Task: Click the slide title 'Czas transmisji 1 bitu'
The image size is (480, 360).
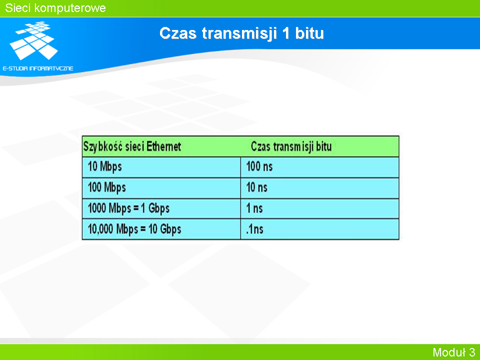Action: coord(241,33)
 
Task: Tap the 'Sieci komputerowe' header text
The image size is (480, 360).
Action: coord(55,8)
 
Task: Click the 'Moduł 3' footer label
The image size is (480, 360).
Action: coord(453,352)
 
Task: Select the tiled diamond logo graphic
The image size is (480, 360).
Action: coord(34,40)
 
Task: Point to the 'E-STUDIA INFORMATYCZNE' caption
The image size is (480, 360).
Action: coord(38,68)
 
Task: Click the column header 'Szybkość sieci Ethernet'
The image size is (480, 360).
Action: coord(132,146)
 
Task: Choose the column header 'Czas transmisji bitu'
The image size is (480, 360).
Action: coord(291,146)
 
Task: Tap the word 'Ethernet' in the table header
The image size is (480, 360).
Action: coord(164,146)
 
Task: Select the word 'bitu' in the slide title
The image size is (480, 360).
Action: coord(309,33)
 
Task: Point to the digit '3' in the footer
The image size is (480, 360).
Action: coord(472,352)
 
